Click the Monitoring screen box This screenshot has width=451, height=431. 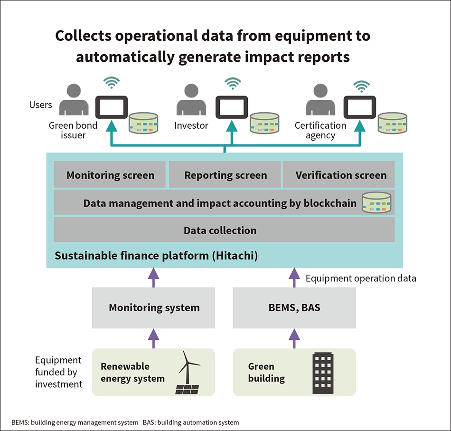coord(110,175)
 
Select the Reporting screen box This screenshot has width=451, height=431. coord(225,175)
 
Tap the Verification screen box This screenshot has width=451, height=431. coord(340,175)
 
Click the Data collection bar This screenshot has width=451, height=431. coord(224,230)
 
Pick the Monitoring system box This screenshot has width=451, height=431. coord(154,307)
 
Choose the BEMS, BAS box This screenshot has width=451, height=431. coord(294,307)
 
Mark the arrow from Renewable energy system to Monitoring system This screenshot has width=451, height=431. coord(153,338)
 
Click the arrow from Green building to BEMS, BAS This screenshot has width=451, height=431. coord(294,338)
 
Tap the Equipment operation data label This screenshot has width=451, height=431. coord(361,278)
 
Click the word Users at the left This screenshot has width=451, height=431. coord(41,105)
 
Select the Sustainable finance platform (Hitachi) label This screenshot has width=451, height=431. coord(156,256)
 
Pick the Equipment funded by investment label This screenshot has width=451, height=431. coord(58,372)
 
